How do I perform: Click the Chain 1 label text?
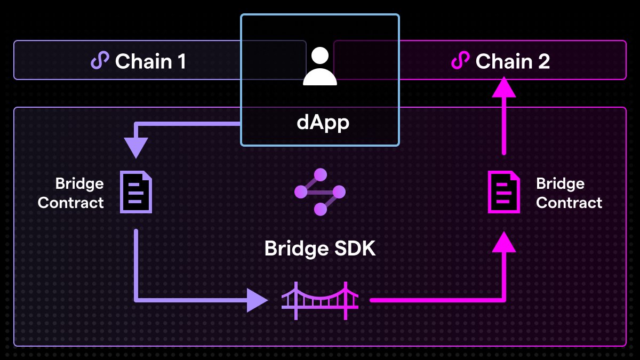tap(150, 61)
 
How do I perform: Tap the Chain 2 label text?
tap(512, 61)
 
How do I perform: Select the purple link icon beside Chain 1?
tap(100, 61)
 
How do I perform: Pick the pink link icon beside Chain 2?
tap(460, 61)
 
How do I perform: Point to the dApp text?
tap(323, 123)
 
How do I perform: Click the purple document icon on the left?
tap(135, 192)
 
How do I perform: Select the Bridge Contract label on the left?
tap(71, 193)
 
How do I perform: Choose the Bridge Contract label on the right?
tap(569, 193)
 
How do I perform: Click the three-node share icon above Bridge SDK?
tap(320, 191)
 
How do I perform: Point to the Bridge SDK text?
tap(320, 249)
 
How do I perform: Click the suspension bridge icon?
tap(320, 300)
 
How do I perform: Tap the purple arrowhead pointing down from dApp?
tap(135, 147)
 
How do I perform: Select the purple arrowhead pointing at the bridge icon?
tap(257, 300)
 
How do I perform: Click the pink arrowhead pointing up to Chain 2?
tap(504, 87)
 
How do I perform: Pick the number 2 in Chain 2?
tap(543, 61)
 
